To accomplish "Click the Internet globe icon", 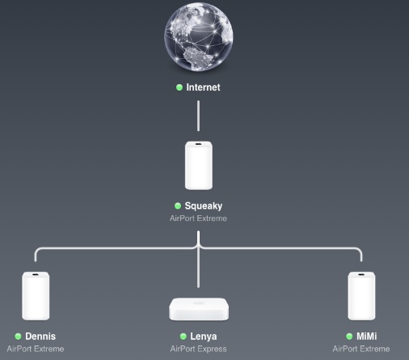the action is click(x=199, y=37).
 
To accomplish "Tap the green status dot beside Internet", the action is click(x=179, y=87).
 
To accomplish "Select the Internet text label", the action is click(x=203, y=87).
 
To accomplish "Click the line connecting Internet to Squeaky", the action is click(x=199, y=116).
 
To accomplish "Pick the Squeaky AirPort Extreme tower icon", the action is click(x=199, y=166).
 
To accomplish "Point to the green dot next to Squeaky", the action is click(x=178, y=206).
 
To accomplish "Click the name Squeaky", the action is click(x=204, y=206).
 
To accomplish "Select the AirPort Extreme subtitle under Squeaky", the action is click(x=198, y=218).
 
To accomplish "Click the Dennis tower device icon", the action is click(x=36, y=296).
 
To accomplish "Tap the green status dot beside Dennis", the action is click(x=18, y=337).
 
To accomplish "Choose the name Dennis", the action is click(x=40, y=337).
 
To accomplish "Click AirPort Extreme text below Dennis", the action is click(x=36, y=349).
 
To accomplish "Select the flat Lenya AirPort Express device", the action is click(x=199, y=309).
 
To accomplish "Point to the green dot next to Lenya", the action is click(x=183, y=337).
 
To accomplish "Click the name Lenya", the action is click(x=204, y=337).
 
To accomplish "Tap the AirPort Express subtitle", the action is click(x=198, y=349).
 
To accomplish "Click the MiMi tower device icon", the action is click(x=361, y=296).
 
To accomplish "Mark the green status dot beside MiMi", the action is click(x=349, y=337).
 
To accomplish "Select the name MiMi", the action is click(x=367, y=337).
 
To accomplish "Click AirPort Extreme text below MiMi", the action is click(x=361, y=349).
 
